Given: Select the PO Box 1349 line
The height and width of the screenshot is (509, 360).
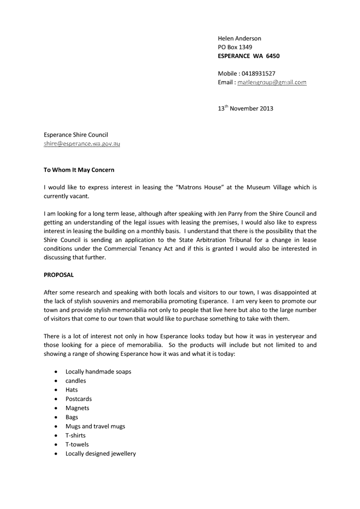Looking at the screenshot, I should click(x=235, y=47).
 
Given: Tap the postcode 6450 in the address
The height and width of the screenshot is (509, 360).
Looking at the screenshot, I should click(x=273, y=55).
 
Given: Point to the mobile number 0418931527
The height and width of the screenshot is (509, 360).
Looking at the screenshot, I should click(x=258, y=73).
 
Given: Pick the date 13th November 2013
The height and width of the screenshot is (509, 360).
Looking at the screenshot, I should click(x=245, y=109).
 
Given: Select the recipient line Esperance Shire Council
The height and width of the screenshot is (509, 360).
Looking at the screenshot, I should click(x=77, y=135).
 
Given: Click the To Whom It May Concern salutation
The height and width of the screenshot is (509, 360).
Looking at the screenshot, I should click(x=79, y=170).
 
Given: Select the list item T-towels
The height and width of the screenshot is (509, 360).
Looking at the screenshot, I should click(x=77, y=444).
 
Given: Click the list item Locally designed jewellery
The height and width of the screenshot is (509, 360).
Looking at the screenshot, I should click(x=100, y=454).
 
